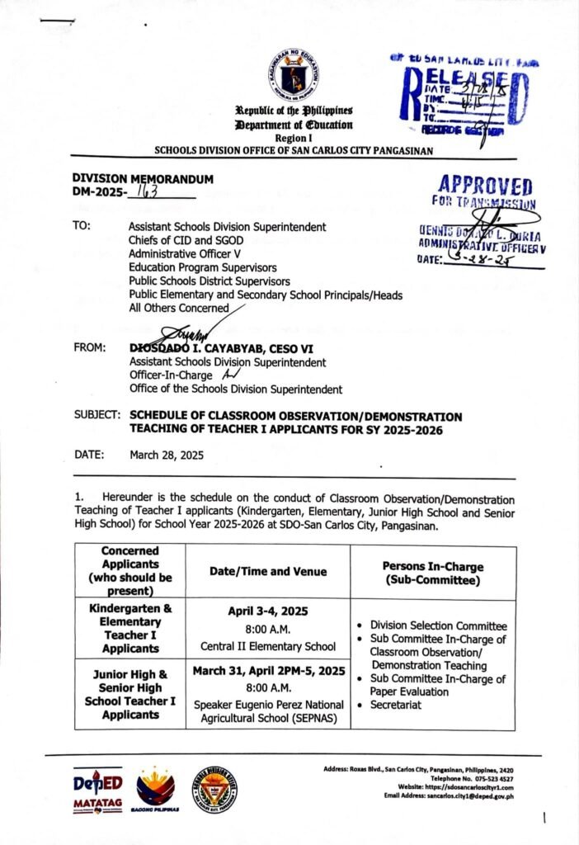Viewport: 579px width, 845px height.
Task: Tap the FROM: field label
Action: tap(89, 348)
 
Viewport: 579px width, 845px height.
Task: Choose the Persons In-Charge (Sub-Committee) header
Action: tap(433, 574)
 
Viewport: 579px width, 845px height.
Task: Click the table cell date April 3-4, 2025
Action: tap(267, 611)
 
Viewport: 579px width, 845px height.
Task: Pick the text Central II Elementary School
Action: tap(267, 645)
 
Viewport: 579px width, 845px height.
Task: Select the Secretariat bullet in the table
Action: tap(395, 706)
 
